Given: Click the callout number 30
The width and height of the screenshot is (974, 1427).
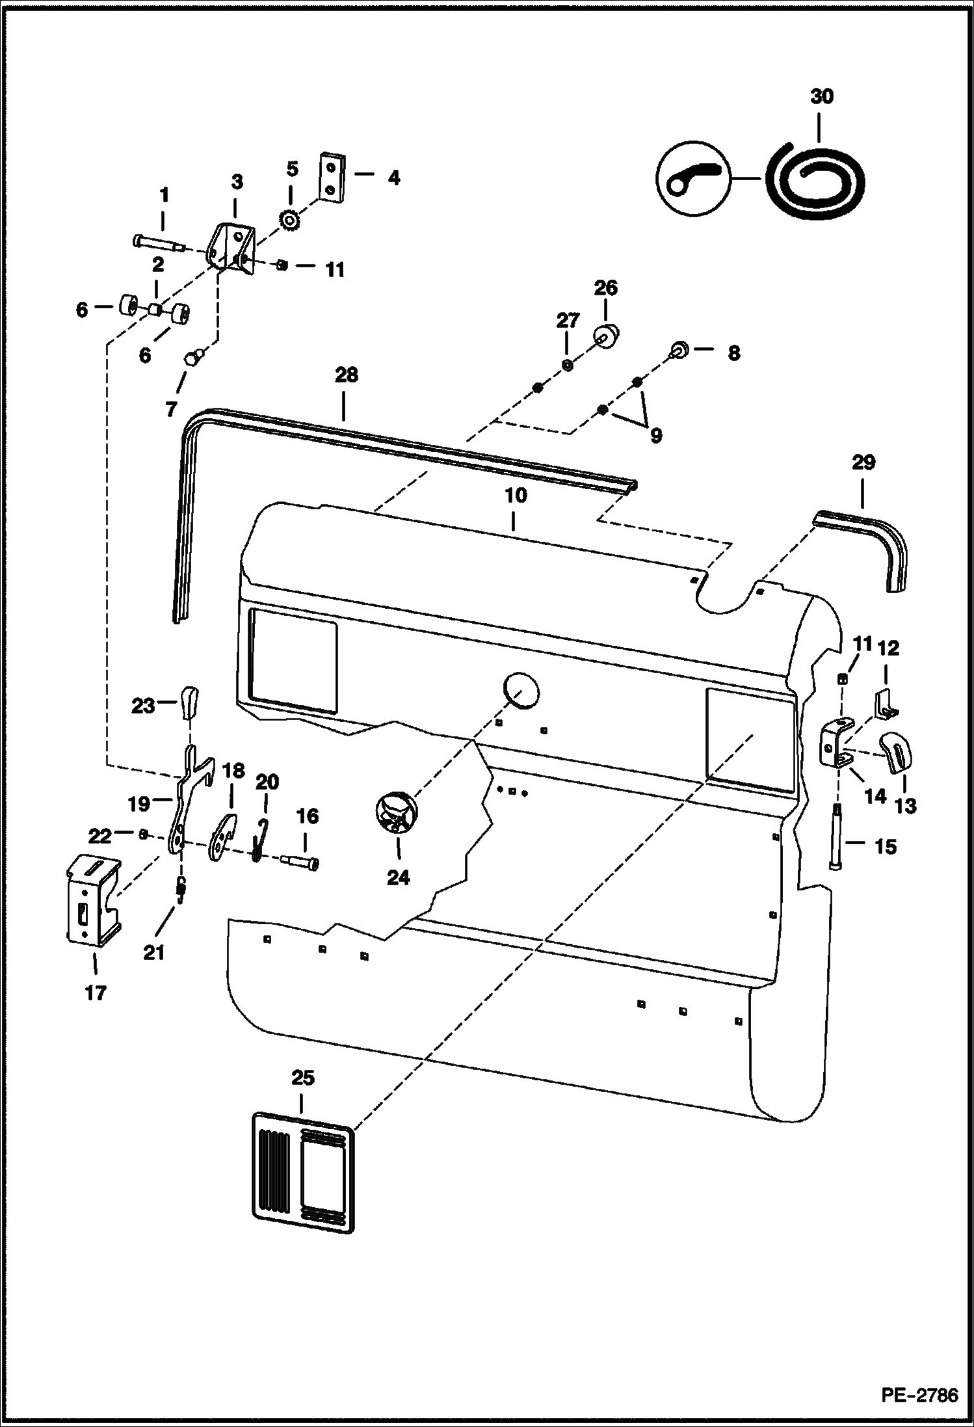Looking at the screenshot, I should click(x=821, y=97).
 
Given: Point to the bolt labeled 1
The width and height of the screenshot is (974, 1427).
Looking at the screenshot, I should click(x=158, y=243).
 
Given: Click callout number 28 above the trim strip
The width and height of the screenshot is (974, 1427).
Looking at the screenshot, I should click(x=346, y=375).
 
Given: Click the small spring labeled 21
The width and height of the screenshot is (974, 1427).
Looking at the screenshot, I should click(x=181, y=890).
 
